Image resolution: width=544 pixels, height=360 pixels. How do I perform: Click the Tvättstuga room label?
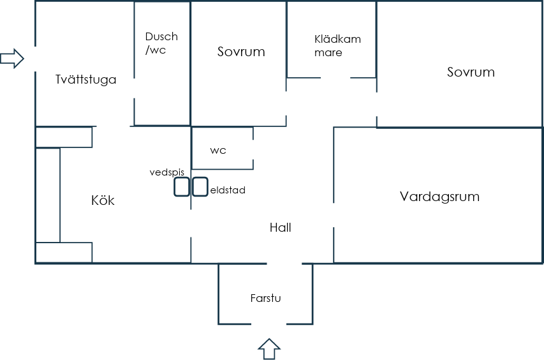click(85, 80)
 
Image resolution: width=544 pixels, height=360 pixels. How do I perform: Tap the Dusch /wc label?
click(161, 43)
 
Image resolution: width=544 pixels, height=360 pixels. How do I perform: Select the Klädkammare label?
click(337, 45)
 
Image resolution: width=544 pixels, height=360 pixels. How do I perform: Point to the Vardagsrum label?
click(439, 197)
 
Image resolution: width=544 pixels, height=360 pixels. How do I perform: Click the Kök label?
click(103, 200)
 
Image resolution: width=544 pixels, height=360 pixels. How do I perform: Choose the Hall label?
click(281, 227)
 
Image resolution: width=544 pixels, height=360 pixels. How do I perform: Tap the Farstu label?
click(265, 298)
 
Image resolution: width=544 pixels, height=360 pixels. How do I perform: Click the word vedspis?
click(167, 172)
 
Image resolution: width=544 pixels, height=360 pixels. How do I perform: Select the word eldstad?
click(228, 190)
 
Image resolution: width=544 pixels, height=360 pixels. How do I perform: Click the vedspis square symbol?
click(182, 187)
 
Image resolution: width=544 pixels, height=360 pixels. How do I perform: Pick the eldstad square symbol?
click(200, 187)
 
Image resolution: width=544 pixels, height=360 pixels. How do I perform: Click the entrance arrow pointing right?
click(12, 58)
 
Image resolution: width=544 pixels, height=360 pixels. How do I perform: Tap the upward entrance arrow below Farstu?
click(269, 349)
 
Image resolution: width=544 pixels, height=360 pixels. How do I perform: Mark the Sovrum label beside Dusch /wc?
click(241, 52)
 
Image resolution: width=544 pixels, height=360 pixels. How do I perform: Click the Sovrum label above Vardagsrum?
click(471, 72)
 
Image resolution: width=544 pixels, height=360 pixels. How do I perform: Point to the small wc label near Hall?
click(218, 151)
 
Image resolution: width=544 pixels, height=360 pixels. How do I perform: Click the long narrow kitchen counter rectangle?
click(48, 195)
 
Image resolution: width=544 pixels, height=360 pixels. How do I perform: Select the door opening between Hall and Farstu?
click(284, 264)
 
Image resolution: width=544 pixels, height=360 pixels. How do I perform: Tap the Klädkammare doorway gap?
click(335, 78)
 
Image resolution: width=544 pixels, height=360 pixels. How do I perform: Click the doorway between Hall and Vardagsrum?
click(334, 215)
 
